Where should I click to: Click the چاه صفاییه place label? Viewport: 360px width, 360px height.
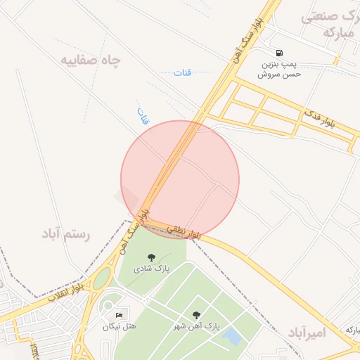coord(90,60)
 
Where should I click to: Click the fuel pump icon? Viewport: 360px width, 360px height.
coord(280,53)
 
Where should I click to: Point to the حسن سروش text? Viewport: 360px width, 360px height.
coord(281,74)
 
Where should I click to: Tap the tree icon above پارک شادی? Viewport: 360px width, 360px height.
coord(151,257)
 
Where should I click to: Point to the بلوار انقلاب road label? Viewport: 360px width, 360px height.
coord(67,290)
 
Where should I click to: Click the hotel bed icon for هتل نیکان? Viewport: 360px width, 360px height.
coord(119,314)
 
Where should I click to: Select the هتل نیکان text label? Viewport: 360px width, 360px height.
coord(120,326)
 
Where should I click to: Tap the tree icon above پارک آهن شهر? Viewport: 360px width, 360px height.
coord(196,315)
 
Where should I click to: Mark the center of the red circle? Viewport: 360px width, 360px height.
coord(180,179)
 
